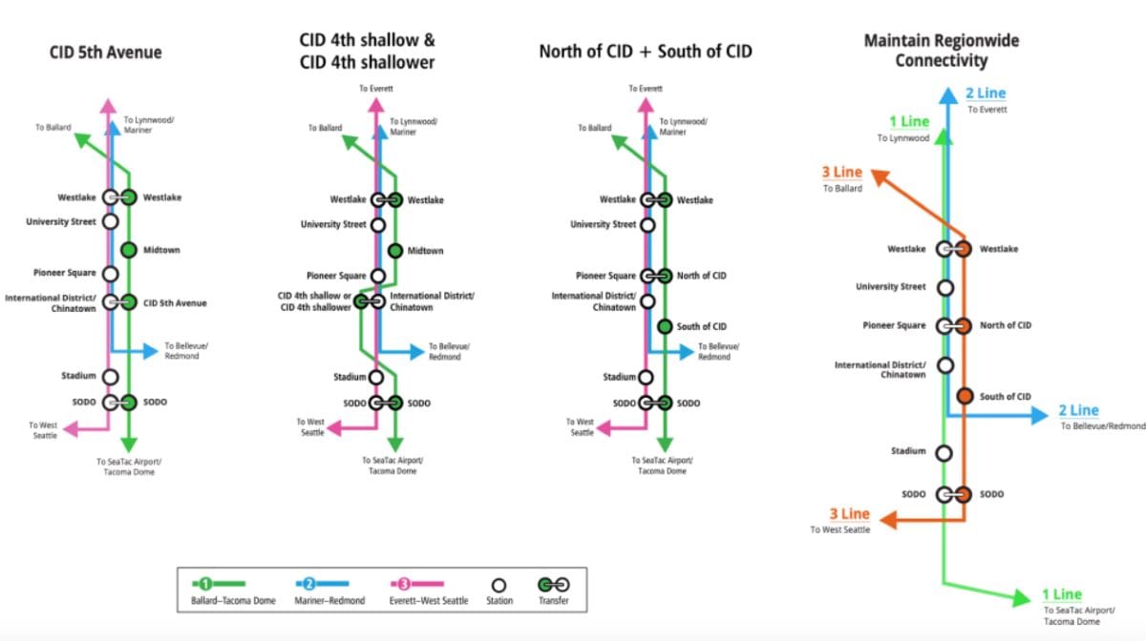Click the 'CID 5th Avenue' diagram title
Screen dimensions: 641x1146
[x=105, y=52]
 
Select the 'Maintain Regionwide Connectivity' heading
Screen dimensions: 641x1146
[x=941, y=51]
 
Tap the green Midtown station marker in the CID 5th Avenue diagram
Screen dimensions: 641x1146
[x=129, y=251]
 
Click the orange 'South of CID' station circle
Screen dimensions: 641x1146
[x=965, y=397]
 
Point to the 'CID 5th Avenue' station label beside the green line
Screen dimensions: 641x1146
[x=175, y=303]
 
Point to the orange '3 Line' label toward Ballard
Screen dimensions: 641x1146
[x=841, y=173]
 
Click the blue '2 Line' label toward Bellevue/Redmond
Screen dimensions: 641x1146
[x=1078, y=411]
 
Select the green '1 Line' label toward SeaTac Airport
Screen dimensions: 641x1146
[x=1061, y=595]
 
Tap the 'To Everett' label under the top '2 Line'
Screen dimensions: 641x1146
[x=987, y=110]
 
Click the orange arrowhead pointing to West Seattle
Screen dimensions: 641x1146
[x=887, y=521]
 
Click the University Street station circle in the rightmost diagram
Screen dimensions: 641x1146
[x=945, y=287]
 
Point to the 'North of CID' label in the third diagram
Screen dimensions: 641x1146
[x=701, y=276]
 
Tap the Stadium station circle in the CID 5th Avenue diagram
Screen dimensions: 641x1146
[x=110, y=377]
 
